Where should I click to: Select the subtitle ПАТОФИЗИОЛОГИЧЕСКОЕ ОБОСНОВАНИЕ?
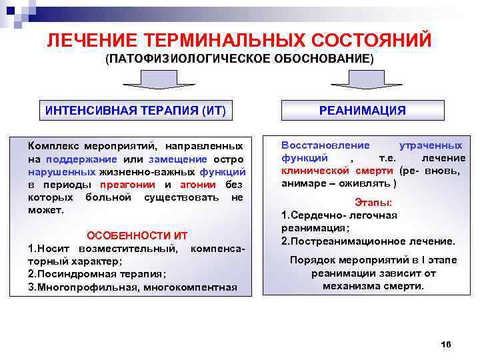point(240,59)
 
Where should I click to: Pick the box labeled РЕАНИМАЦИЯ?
point(362,111)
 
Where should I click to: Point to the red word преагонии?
point(127,185)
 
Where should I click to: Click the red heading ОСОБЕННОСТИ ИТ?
point(137,236)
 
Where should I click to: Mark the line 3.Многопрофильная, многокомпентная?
point(132,287)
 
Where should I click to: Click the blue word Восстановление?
point(315,145)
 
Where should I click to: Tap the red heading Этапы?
point(373,202)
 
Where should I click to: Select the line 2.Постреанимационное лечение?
point(368,241)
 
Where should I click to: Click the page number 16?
point(447,343)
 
